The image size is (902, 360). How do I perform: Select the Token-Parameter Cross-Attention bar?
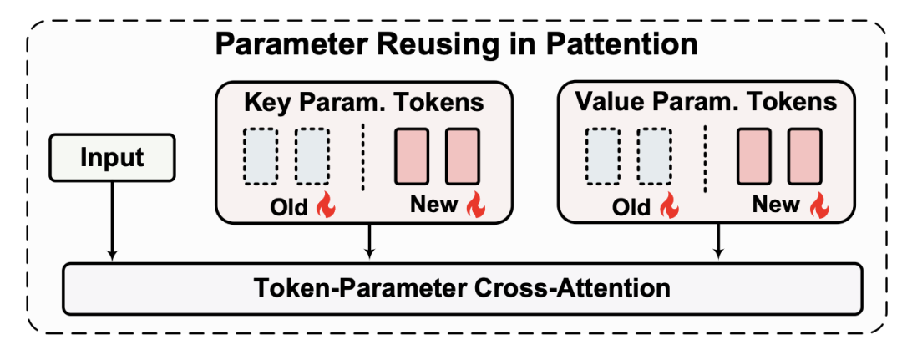462,289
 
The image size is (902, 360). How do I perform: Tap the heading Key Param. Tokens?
363,103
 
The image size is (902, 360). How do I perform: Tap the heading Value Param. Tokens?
706,103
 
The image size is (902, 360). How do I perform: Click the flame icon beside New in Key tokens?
475,205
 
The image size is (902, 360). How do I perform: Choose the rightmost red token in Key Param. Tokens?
462,156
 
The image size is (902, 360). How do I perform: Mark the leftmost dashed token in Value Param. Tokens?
604,156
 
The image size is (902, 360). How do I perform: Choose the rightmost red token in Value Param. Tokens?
804,156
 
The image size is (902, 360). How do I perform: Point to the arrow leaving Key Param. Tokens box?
368,241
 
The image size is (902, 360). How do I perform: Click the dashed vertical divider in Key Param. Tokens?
363,156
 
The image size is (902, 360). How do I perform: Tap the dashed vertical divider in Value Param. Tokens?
706,156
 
